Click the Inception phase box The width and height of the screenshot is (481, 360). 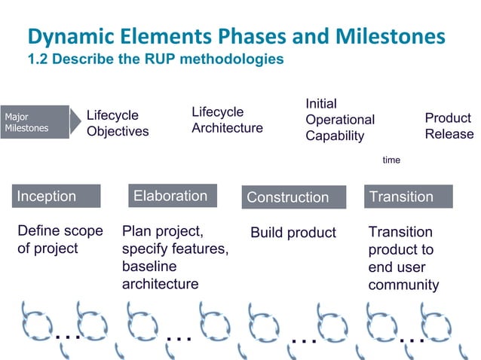[x=57, y=197]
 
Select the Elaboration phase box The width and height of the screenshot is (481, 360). [x=172, y=196]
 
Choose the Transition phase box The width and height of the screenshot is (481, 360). [x=408, y=197]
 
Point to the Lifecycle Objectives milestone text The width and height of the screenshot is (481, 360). [x=118, y=124]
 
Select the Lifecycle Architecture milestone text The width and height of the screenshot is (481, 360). [x=227, y=120]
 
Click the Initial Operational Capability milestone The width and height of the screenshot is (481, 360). [x=340, y=120]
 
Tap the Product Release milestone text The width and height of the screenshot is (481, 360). [x=449, y=126]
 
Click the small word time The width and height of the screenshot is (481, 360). [x=391, y=160]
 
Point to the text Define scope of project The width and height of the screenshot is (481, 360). [x=60, y=239]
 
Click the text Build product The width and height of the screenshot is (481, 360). [x=293, y=233]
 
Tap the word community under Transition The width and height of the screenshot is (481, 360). [x=403, y=285]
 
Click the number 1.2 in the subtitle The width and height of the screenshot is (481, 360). [x=37, y=59]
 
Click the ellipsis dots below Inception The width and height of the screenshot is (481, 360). [x=67, y=336]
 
